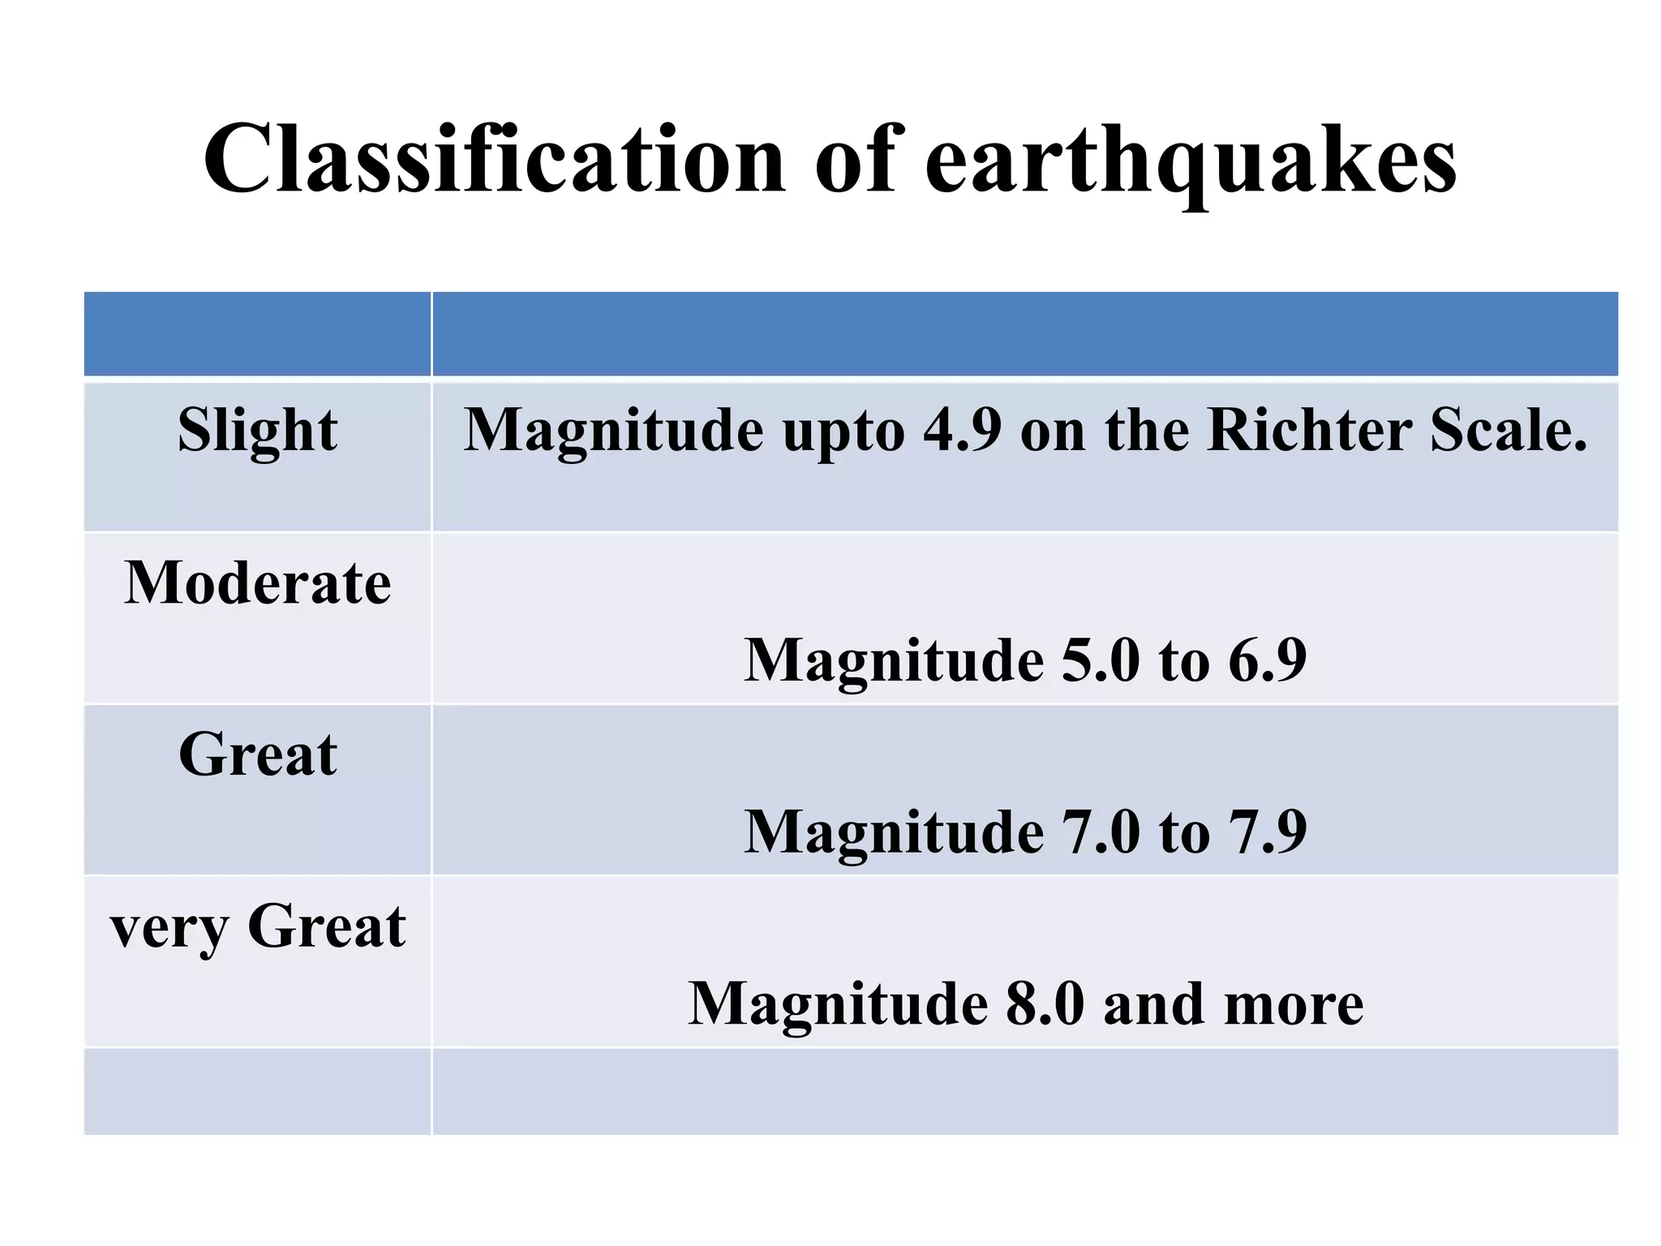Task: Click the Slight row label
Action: pos(257,431)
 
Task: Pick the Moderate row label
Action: pos(257,583)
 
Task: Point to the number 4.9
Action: pos(962,429)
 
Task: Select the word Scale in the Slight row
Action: pos(1507,429)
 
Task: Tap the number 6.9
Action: pos(1267,660)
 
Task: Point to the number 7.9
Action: pos(1267,831)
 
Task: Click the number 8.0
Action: pos(1045,1003)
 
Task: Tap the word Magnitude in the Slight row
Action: pos(613,431)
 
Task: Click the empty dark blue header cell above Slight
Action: pos(257,334)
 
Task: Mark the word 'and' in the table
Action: pos(1153,1003)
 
